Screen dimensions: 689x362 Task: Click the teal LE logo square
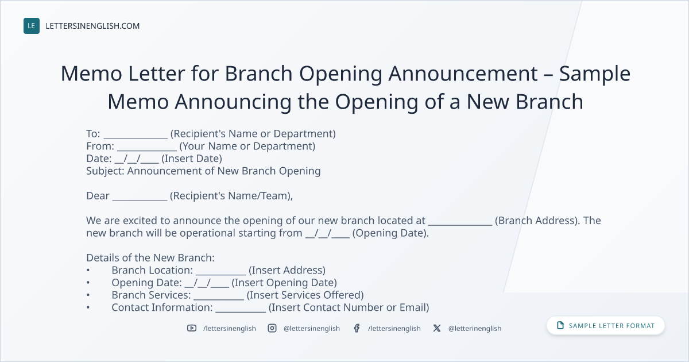coord(32,26)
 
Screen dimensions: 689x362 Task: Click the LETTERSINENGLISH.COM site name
coord(92,26)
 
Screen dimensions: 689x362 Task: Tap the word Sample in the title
coord(595,74)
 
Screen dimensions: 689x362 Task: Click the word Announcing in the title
coord(233,102)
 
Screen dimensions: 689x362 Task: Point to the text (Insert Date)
coord(192,159)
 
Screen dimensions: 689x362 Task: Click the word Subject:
coord(105,171)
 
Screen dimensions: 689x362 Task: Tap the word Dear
coord(98,196)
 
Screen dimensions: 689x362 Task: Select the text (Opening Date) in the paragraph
coord(390,233)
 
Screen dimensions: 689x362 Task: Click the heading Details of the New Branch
coord(150,257)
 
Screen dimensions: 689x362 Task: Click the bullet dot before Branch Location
coord(88,270)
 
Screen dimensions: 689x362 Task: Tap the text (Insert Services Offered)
coord(305,295)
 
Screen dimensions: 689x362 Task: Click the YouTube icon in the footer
coord(192,328)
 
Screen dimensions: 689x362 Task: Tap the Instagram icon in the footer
coord(272,328)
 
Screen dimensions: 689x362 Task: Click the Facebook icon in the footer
coord(357,328)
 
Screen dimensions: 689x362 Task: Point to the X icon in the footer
coord(437,328)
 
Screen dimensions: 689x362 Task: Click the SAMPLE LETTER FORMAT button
coord(606,326)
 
